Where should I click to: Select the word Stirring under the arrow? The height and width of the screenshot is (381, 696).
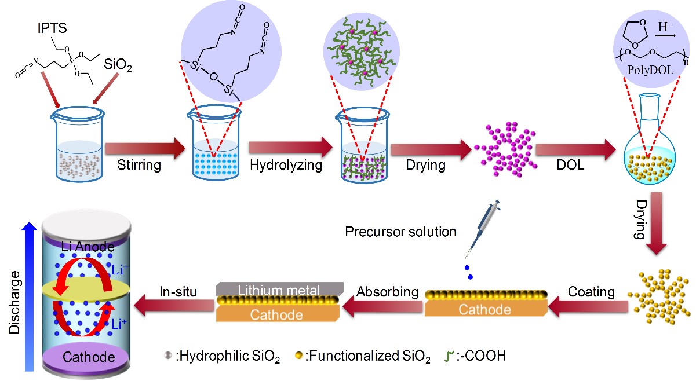(139, 166)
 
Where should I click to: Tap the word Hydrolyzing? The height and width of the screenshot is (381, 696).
(286, 166)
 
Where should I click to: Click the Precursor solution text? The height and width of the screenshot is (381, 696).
(400, 232)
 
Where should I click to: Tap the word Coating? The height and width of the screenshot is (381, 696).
(591, 292)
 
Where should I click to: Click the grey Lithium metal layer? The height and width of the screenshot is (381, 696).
(279, 288)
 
